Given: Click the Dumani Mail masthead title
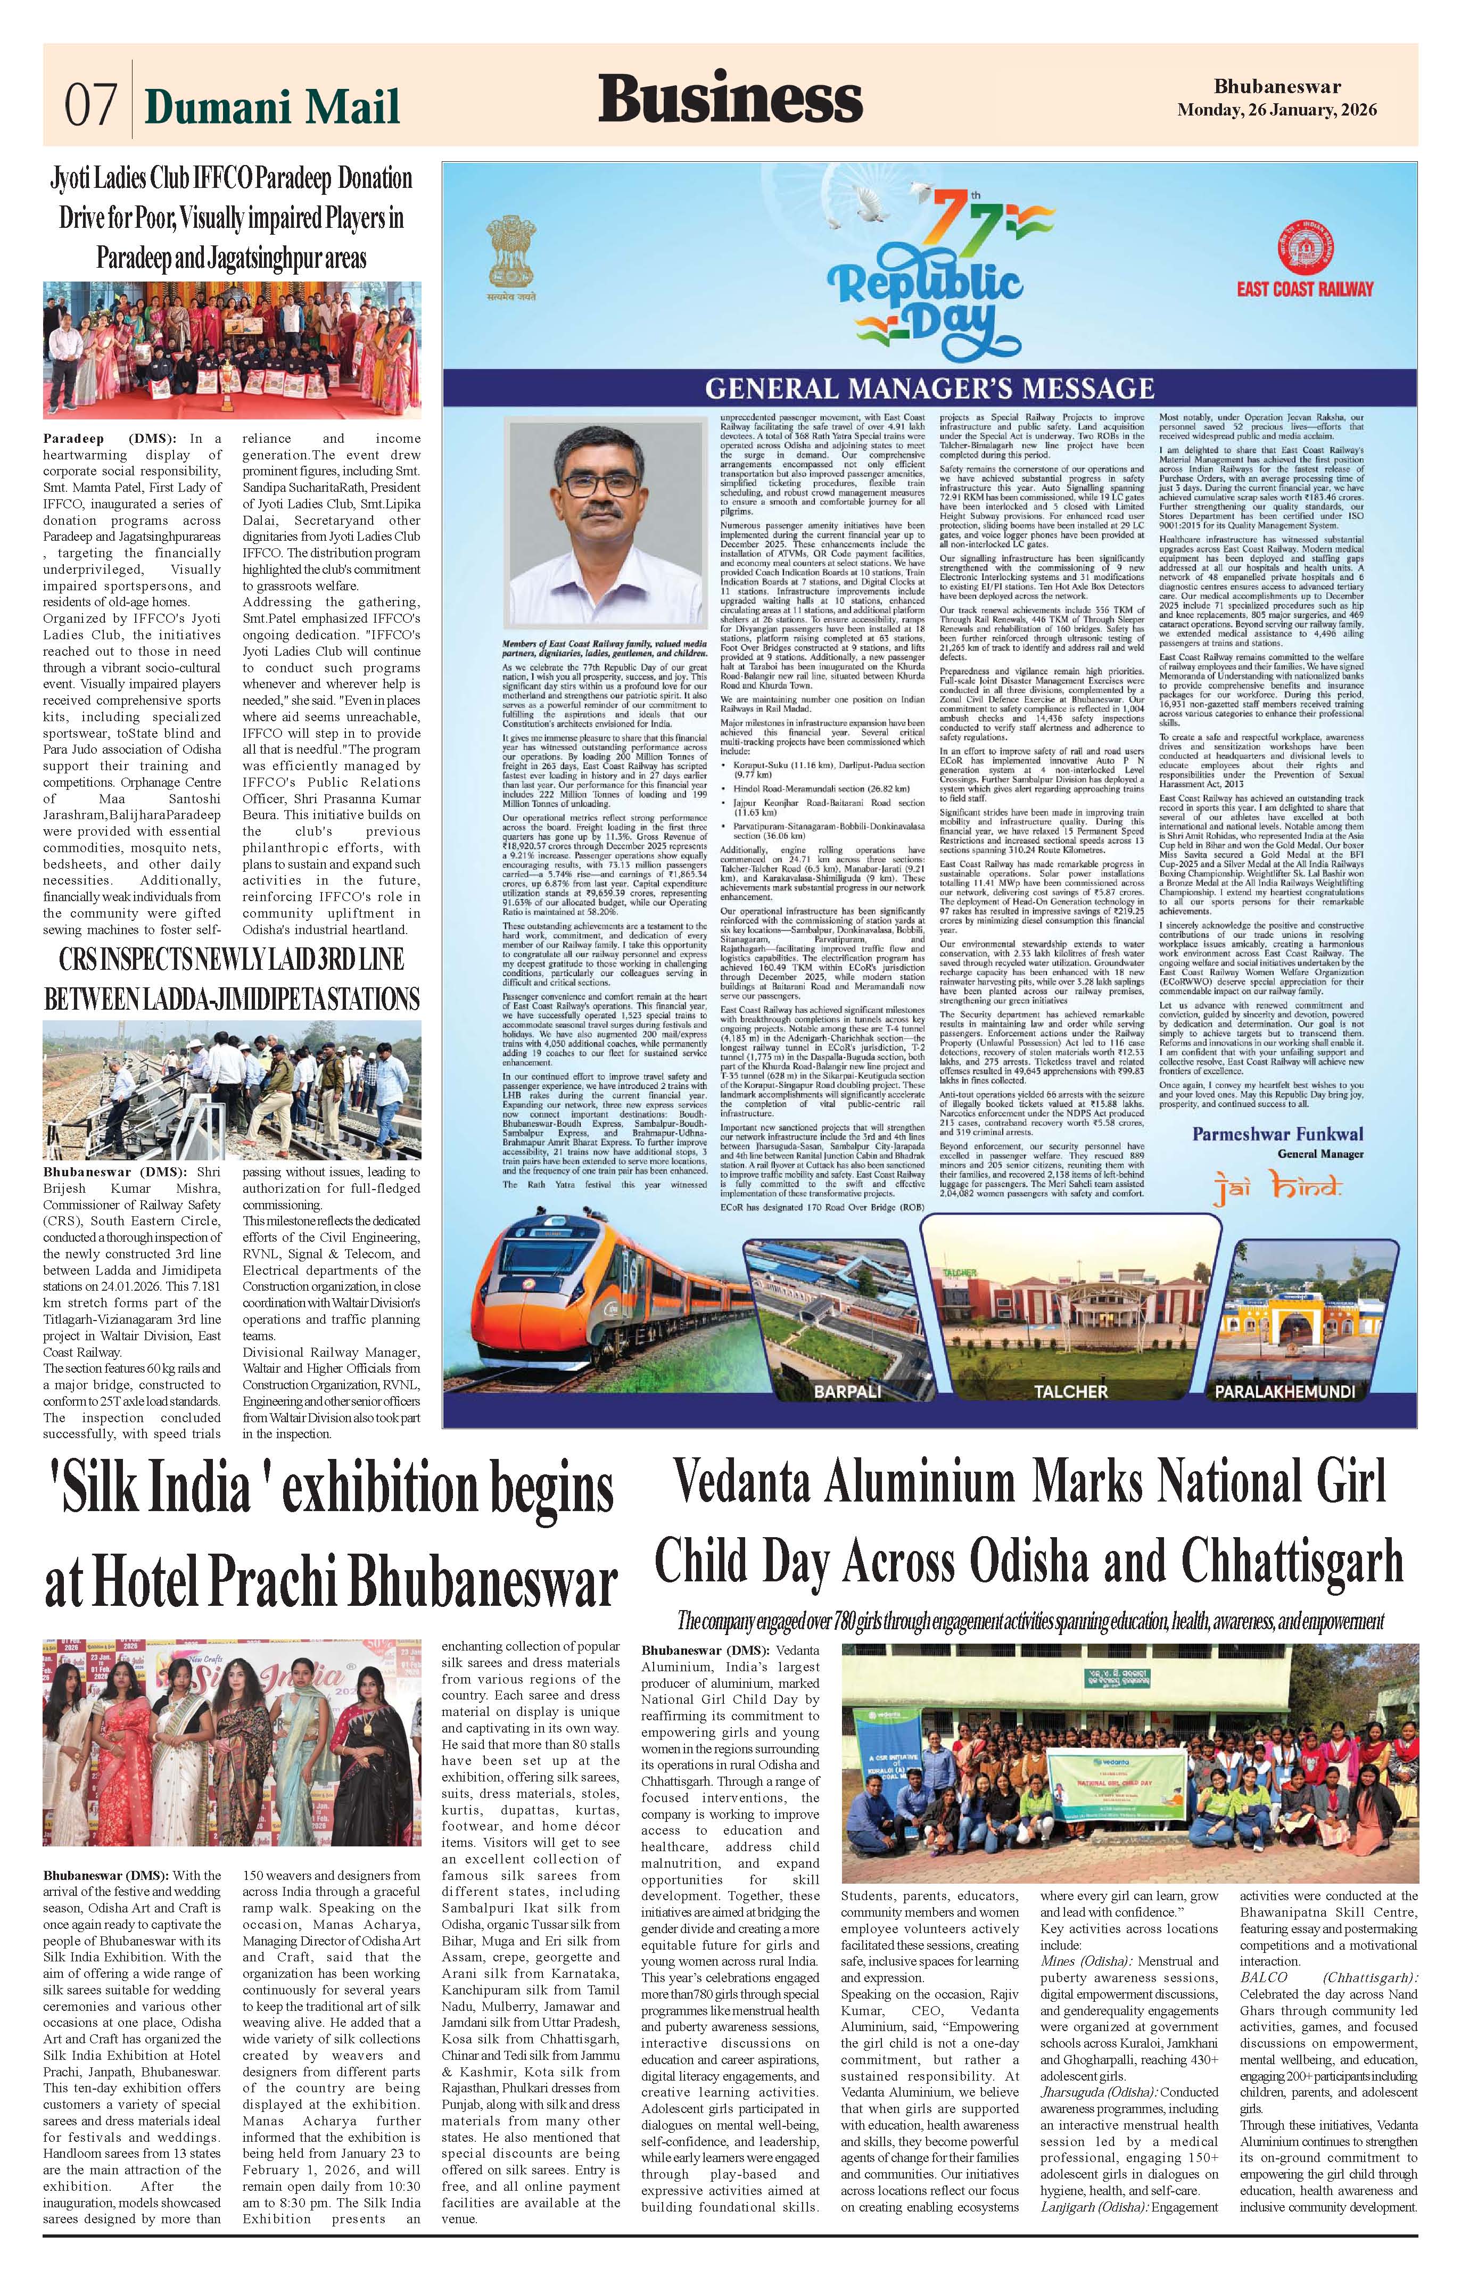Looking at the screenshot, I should [273, 106].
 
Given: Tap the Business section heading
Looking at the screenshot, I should [730, 98].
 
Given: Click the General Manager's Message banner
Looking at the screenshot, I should [930, 388].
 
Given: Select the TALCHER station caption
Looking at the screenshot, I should [1071, 1391].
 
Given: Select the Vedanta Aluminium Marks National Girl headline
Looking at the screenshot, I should [1029, 1482].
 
